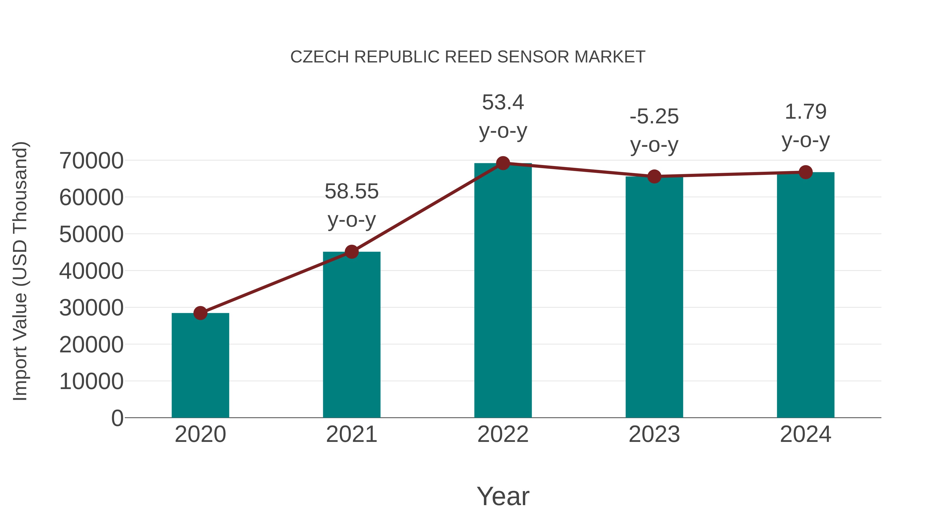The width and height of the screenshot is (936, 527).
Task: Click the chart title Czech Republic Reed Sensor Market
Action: [x=468, y=57]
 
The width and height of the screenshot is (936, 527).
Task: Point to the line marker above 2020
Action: [x=200, y=313]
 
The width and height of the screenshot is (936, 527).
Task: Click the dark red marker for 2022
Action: [x=503, y=163]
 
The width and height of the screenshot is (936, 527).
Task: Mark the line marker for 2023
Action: [x=654, y=176]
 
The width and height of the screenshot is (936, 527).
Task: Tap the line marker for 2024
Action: [x=805, y=172]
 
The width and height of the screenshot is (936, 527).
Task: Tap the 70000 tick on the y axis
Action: [x=91, y=161]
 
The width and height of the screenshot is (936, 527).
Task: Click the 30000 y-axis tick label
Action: [x=91, y=308]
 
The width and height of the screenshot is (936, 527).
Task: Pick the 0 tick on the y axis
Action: [x=117, y=418]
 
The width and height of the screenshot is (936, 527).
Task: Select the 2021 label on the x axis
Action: [x=351, y=434]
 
